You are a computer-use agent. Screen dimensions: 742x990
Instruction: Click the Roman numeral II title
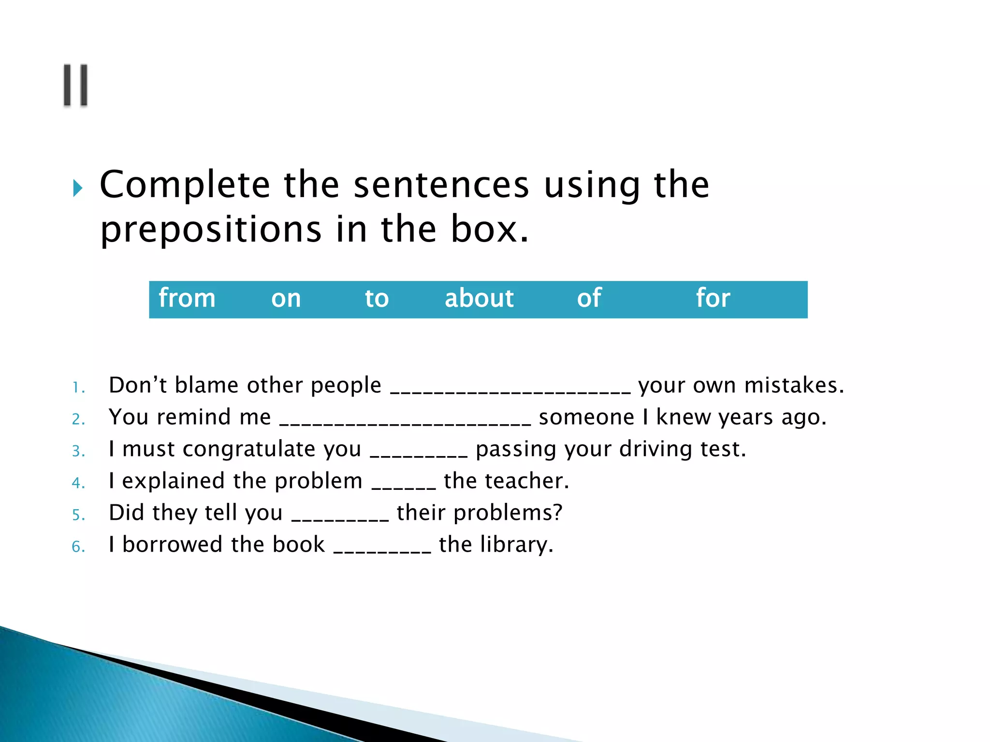tap(76, 85)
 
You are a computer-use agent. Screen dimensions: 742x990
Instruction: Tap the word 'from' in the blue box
tap(187, 298)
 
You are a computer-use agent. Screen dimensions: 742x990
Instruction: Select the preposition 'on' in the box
tap(286, 299)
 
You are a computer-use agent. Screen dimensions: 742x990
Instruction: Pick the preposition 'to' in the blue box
tap(377, 299)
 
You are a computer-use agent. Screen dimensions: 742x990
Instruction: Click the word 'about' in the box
tap(479, 298)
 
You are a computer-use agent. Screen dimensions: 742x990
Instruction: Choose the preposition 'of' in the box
tap(589, 298)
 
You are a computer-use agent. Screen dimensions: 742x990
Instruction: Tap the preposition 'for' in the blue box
tap(713, 298)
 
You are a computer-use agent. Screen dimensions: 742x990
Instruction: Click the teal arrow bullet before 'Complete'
tap(77, 188)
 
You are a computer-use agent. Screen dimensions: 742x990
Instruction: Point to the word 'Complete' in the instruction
tap(185, 185)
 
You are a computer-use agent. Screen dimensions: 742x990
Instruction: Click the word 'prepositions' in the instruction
tap(211, 230)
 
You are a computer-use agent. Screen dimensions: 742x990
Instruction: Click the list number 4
tap(78, 483)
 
